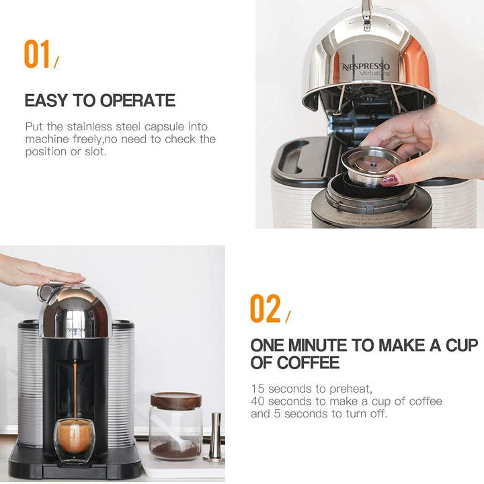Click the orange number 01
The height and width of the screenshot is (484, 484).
(38, 54)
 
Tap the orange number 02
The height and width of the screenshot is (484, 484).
(265, 309)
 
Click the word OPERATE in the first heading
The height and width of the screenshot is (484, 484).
(138, 101)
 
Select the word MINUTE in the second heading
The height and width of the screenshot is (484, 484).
(315, 346)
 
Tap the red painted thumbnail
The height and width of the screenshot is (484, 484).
(391, 179)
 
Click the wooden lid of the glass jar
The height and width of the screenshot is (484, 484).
(175, 401)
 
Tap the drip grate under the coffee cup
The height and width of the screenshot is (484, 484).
(74, 467)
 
